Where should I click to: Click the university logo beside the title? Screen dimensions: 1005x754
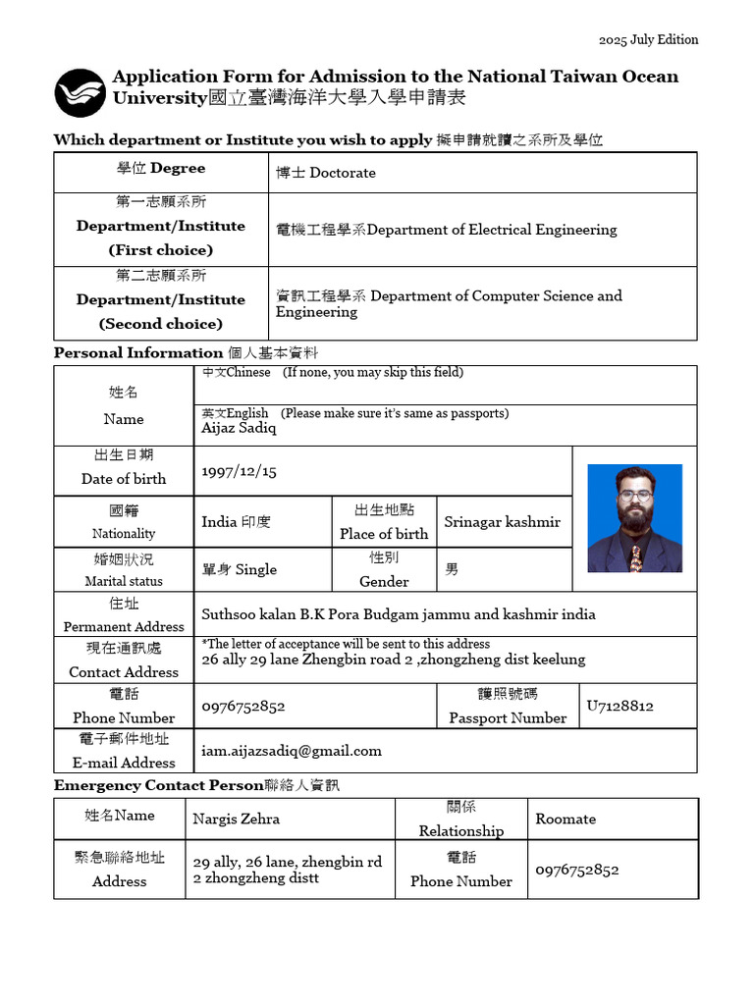pos(80,93)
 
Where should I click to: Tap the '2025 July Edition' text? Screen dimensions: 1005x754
pos(649,40)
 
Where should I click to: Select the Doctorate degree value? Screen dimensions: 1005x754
pos(326,173)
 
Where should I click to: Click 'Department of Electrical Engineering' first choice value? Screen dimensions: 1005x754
pos(447,230)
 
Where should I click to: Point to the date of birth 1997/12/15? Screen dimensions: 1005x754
pos(239,472)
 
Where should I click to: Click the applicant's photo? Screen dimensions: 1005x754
pos(634,518)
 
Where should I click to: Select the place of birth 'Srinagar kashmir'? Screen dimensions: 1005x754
pos(502,522)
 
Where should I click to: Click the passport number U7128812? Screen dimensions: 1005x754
pos(619,706)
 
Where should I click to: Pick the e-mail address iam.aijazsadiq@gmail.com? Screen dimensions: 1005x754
pos(292,751)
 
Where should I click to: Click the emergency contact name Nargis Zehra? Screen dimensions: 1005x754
pos(236,819)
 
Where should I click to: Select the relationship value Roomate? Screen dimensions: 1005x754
pos(565,819)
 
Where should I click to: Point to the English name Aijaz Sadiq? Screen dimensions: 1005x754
pos(239,428)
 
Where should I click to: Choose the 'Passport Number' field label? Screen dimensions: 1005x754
pos(508,718)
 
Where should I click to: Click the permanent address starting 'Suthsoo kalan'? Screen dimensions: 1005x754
pos(399,614)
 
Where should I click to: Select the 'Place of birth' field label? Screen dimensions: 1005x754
pos(384,534)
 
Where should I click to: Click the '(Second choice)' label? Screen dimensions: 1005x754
pos(161,324)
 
